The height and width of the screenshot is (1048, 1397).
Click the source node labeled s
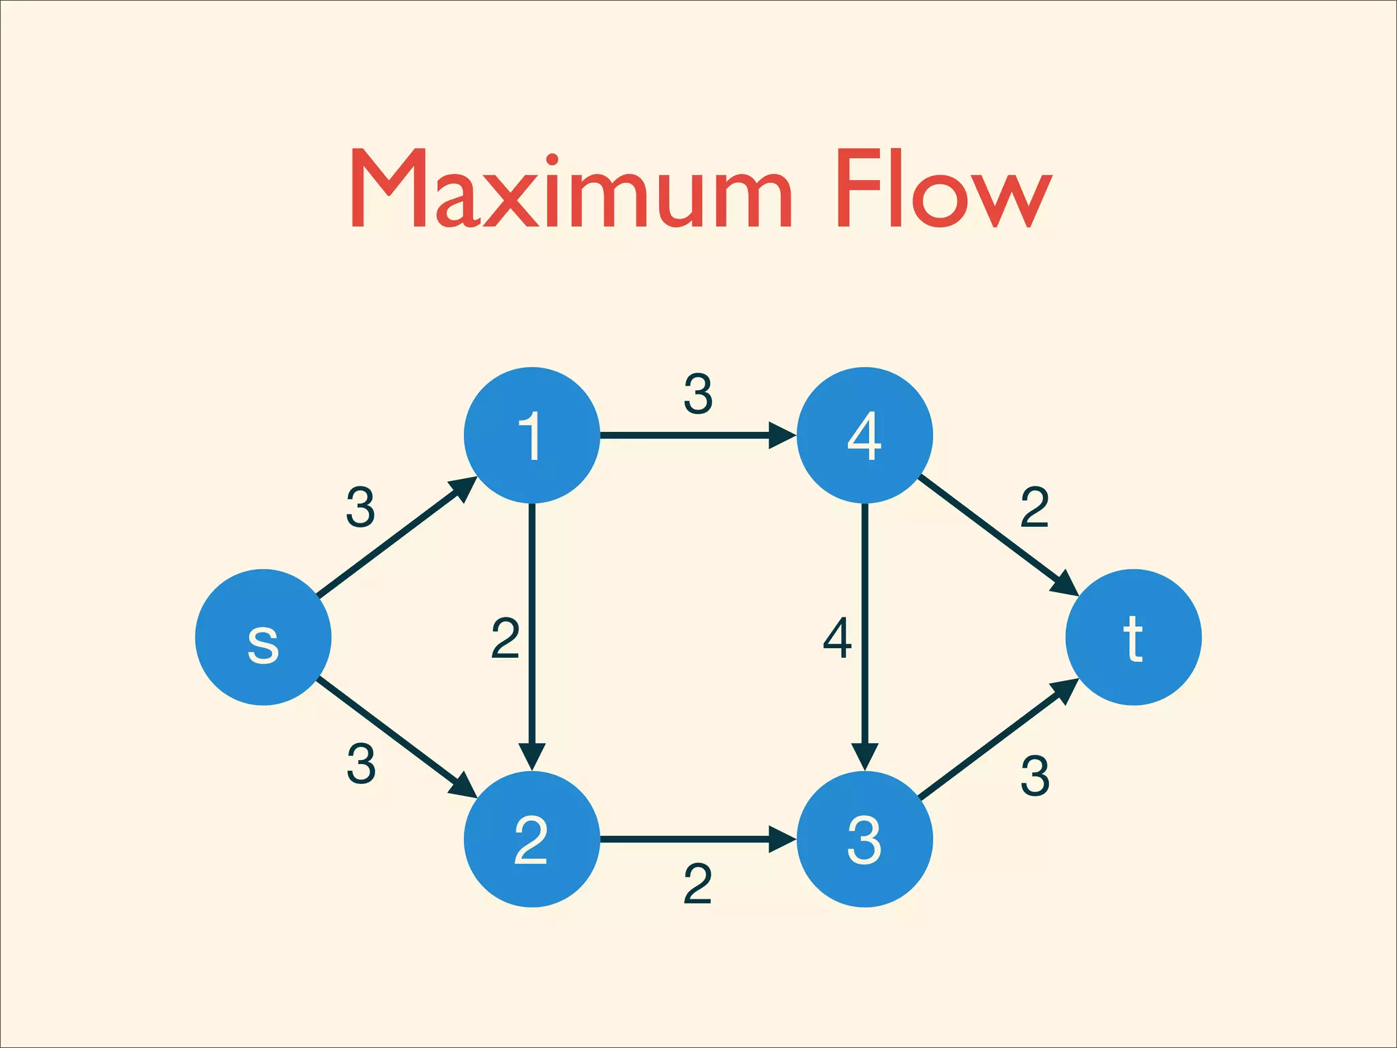click(x=263, y=637)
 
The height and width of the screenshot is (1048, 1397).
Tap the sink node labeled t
click(x=1133, y=637)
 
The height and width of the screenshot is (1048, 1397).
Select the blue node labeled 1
click(x=531, y=435)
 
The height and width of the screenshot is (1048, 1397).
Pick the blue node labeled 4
click(x=864, y=435)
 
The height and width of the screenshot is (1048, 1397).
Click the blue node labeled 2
click(x=531, y=839)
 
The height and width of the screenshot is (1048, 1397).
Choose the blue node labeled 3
click(x=864, y=839)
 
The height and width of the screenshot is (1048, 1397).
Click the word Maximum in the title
click(x=570, y=189)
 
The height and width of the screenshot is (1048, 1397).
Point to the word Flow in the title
click(x=944, y=189)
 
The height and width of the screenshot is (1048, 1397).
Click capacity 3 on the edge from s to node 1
click(x=360, y=507)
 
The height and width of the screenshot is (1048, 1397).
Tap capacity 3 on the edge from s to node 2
click(x=361, y=763)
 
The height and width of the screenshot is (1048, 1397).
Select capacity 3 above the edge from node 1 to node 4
click(x=698, y=394)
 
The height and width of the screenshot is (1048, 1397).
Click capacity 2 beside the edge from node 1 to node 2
click(x=505, y=638)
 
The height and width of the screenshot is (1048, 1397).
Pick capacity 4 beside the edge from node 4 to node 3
click(x=838, y=638)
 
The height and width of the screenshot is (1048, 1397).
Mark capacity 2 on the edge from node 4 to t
click(x=1034, y=507)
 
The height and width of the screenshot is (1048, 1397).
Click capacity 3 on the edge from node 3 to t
click(x=1035, y=776)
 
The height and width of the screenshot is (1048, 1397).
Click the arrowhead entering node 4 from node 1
click(x=782, y=435)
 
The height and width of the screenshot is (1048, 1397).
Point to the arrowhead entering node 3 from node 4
click(x=864, y=755)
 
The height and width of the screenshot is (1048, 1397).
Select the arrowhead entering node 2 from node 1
click(x=531, y=755)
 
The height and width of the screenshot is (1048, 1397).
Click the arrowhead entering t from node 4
click(x=1065, y=585)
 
